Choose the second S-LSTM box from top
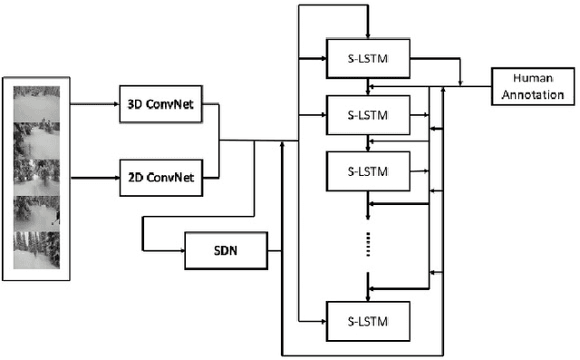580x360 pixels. [366, 115]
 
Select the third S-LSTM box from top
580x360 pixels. [366, 170]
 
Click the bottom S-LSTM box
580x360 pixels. [366, 321]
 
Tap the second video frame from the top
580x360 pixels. [36, 140]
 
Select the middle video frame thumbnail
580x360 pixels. [36, 176]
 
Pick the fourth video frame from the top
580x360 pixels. [36, 212]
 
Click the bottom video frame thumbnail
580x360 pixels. [36, 248]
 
